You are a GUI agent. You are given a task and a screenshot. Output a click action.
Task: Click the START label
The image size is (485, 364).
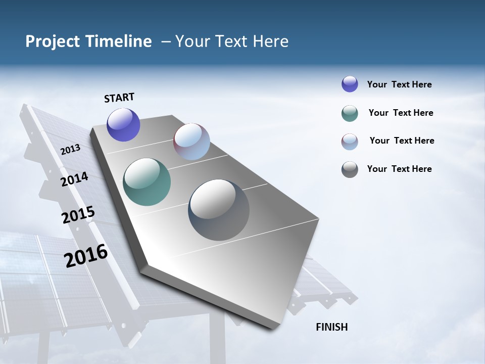119,98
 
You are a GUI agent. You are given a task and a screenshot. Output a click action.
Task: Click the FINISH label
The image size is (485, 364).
331,327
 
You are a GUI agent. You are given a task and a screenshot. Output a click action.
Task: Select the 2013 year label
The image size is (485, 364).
71,149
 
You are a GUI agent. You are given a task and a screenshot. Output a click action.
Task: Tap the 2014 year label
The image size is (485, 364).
74,179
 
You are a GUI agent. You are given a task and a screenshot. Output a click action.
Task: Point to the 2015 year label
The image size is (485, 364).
78,215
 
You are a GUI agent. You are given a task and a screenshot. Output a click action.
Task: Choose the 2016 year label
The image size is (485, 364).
86,256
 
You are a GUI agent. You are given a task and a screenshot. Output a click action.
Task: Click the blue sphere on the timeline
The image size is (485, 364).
123,125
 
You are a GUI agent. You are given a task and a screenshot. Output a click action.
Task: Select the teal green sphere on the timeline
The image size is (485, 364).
147,182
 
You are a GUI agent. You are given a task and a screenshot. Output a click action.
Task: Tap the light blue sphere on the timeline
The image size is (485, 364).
191,142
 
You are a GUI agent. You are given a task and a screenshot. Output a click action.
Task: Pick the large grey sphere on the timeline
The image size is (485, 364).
219,210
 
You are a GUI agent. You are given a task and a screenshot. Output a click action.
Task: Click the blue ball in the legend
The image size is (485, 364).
350,84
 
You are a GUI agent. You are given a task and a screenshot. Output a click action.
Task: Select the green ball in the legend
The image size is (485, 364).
350,113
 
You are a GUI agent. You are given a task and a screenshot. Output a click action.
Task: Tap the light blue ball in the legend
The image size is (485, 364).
350,142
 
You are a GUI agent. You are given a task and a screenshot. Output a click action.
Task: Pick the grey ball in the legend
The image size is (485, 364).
350,169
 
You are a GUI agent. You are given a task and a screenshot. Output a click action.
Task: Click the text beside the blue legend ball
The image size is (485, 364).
399,84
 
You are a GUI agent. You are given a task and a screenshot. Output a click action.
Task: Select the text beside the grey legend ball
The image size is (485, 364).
399,169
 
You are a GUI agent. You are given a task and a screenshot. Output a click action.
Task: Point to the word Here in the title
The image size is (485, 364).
270,41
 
